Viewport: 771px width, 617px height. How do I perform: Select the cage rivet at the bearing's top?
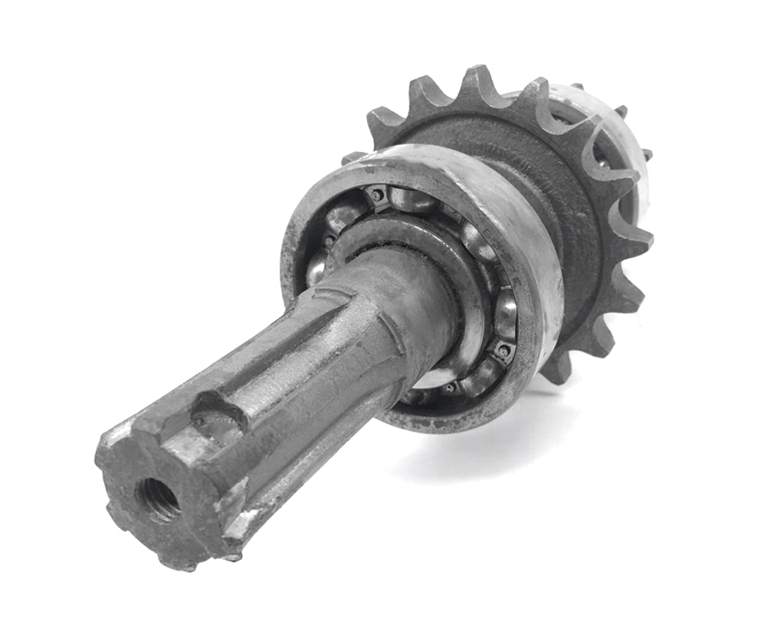[375, 195]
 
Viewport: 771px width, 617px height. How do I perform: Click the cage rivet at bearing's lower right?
[503, 351]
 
